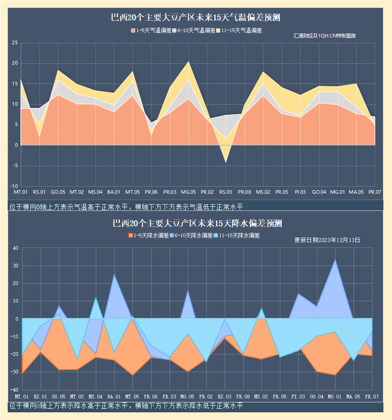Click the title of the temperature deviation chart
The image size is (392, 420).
point(196,18)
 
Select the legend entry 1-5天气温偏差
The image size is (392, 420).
point(151,31)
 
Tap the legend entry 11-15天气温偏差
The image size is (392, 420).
point(239,31)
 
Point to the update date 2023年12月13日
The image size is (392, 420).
point(327,240)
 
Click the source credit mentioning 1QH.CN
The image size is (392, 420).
point(324,36)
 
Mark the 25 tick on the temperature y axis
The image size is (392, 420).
point(14,43)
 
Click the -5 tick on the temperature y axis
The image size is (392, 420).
point(14,166)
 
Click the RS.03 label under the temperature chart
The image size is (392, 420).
point(226,192)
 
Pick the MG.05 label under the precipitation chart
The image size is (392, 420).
point(188,397)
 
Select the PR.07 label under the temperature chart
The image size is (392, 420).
point(374,192)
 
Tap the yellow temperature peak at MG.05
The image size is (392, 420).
point(189,62)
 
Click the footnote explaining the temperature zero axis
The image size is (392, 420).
point(126,207)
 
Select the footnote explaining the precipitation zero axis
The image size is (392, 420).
point(126,406)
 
